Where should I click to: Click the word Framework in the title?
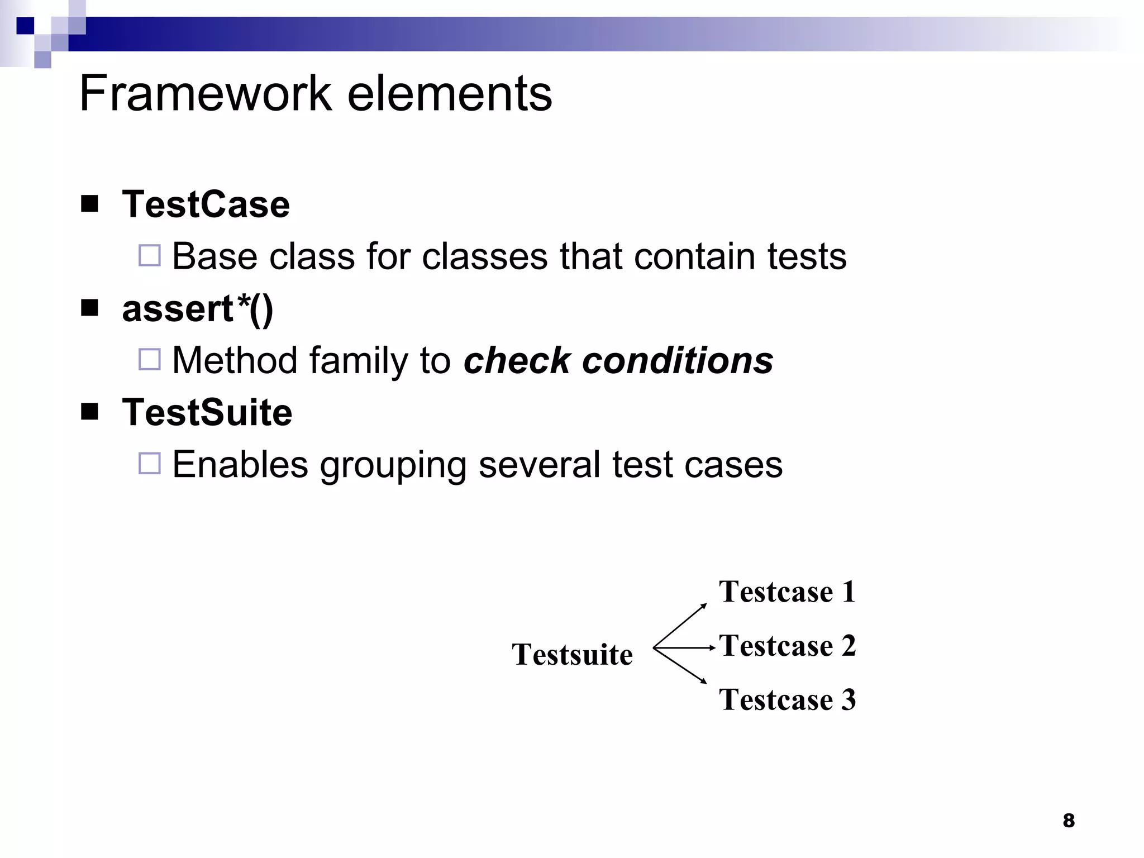(206, 93)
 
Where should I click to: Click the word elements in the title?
(450, 93)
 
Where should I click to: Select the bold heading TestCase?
(206, 204)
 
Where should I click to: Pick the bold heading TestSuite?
(207, 413)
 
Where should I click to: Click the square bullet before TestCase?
(89, 204)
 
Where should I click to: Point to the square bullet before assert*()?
(89, 308)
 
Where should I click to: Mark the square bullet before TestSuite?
(89, 412)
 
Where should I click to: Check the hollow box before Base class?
(149, 255)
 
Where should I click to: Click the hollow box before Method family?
(149, 359)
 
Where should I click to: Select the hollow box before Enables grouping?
(149, 463)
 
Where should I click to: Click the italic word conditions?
(678, 360)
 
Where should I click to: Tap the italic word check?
(516, 360)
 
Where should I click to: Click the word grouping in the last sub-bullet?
(393, 465)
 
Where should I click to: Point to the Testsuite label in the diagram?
(572, 654)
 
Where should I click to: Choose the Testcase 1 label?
(787, 592)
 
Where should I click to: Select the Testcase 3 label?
(787, 699)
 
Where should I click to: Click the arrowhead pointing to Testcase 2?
(712, 648)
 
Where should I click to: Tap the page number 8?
(1069, 821)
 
